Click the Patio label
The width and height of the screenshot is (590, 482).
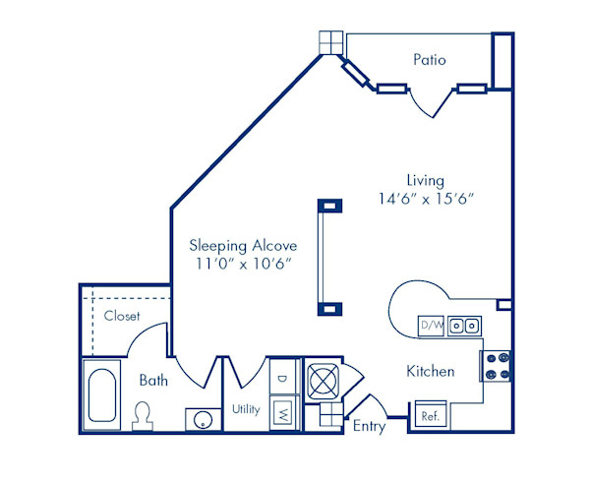pyautogui.click(x=429, y=60)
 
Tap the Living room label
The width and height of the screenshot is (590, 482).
pyautogui.click(x=425, y=180)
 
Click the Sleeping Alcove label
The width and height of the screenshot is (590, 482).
pyautogui.click(x=243, y=245)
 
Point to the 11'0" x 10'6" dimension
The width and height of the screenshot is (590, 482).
pyautogui.click(x=243, y=264)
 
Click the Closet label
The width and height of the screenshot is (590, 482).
pyautogui.click(x=122, y=316)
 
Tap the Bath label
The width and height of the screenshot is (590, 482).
pyautogui.click(x=153, y=379)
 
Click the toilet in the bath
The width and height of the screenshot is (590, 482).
pyautogui.click(x=144, y=415)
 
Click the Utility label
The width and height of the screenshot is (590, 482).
pyautogui.click(x=245, y=409)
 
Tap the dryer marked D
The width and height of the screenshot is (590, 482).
pyautogui.click(x=282, y=378)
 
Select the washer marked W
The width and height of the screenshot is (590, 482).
pyautogui.click(x=282, y=411)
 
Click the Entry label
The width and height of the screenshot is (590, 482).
pyautogui.click(x=369, y=426)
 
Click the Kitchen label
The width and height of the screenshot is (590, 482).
pyautogui.click(x=430, y=371)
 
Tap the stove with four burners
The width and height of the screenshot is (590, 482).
pyautogui.click(x=496, y=366)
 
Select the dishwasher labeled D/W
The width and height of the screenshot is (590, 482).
pyautogui.click(x=431, y=325)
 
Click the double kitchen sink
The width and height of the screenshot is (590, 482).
pyautogui.click(x=464, y=325)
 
